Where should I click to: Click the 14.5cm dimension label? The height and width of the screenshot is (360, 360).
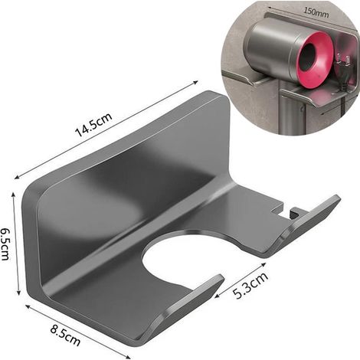pyautogui.click(x=93, y=125)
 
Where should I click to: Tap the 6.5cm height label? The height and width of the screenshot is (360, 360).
pyautogui.click(x=6, y=244)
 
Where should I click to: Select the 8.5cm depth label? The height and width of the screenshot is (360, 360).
pyautogui.click(x=65, y=335)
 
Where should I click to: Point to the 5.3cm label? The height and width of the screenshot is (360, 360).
pyautogui.click(x=250, y=285)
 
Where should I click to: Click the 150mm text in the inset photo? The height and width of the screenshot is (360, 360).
pyautogui.click(x=316, y=12)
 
